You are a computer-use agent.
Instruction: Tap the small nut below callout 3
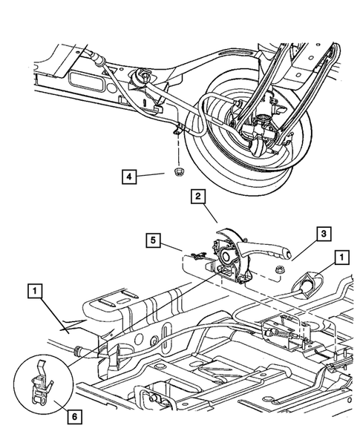click(x=281, y=272)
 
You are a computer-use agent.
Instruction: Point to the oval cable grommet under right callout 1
click(x=307, y=283)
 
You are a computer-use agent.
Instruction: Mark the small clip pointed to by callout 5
click(x=194, y=257)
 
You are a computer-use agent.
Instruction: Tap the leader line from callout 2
click(x=210, y=215)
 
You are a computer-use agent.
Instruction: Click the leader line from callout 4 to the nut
click(x=160, y=175)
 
